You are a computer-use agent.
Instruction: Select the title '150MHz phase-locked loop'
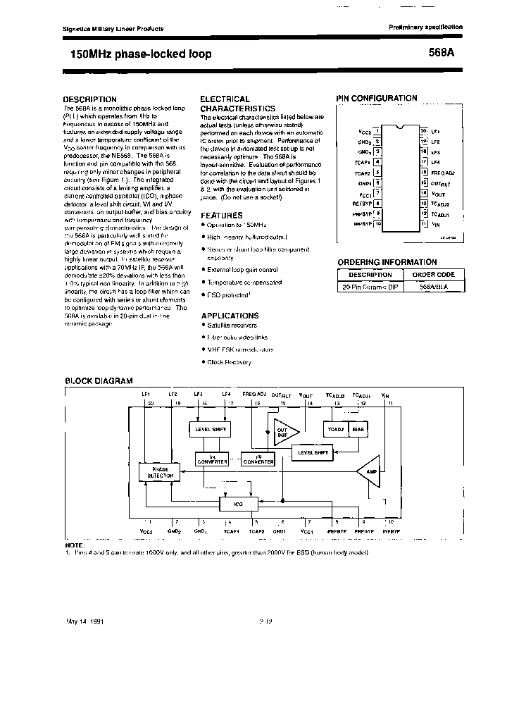(x=141, y=54)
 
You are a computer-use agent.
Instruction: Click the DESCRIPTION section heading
(x=90, y=99)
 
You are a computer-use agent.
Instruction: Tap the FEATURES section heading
(x=221, y=215)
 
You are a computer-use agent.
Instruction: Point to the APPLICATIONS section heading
(x=230, y=316)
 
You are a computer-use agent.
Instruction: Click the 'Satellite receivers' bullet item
(x=232, y=325)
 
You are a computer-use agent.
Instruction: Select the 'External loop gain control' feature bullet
(x=242, y=269)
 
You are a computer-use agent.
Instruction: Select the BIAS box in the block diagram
(x=358, y=428)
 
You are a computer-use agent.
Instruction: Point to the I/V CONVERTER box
(x=258, y=459)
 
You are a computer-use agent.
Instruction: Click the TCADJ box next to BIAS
(x=335, y=428)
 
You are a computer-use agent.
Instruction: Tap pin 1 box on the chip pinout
(x=377, y=131)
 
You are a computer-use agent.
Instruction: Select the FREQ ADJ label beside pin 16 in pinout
(x=443, y=173)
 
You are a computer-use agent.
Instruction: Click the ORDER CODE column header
(x=433, y=275)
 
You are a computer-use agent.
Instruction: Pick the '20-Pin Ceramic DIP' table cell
(x=370, y=287)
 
